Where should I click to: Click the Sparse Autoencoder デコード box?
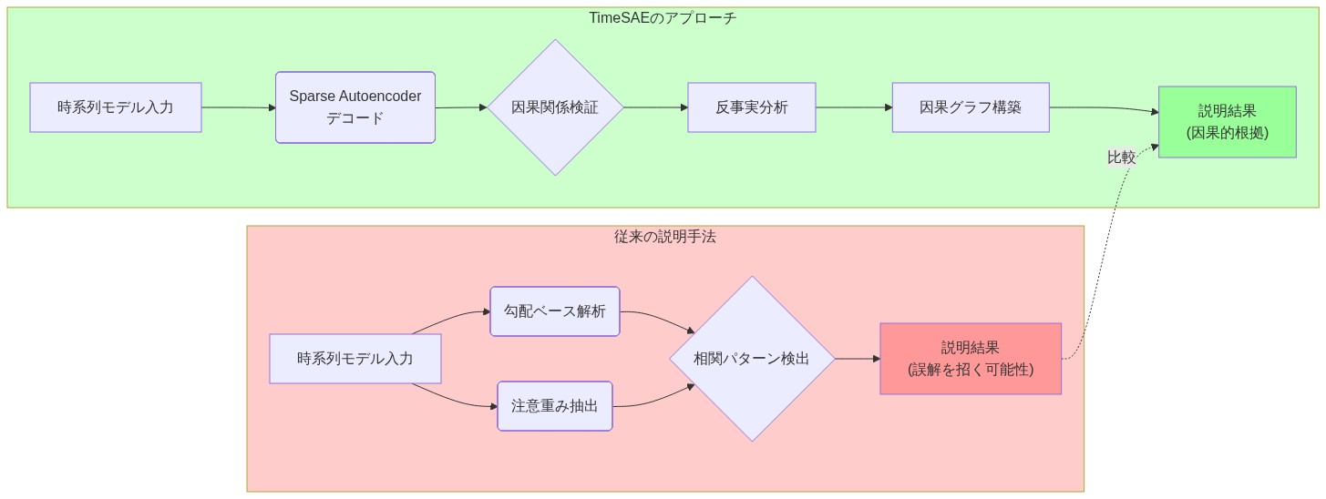click(x=355, y=107)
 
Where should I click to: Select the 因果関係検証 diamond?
click(x=555, y=107)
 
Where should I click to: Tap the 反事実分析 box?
click(x=751, y=107)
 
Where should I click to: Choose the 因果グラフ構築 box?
click(x=971, y=107)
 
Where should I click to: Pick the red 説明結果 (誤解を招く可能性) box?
click(x=971, y=359)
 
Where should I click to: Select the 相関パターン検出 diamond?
click(x=752, y=359)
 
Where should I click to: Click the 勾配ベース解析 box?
click(x=555, y=311)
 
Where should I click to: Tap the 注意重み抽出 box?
click(x=555, y=406)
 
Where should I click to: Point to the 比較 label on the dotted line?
click(x=1121, y=158)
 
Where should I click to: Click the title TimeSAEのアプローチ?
click(x=663, y=18)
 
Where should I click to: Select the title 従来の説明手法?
click(x=665, y=237)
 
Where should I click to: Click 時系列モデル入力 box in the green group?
click(x=116, y=107)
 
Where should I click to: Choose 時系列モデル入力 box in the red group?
click(x=355, y=359)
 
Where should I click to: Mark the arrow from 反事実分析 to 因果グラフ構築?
click(x=854, y=107)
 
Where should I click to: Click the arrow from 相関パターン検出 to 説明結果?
click(x=857, y=359)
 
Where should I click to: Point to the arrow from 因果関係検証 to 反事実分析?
click(x=655, y=107)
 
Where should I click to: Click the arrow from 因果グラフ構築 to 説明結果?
click(x=1103, y=108)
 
